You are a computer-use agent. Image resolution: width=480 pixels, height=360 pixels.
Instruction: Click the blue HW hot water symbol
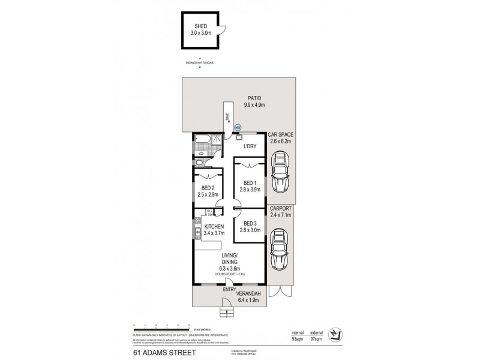tap(238, 127)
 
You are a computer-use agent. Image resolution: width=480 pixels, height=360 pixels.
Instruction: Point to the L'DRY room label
tap(250, 146)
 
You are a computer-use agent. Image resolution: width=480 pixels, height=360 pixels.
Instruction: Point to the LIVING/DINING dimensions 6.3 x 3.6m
tap(227, 268)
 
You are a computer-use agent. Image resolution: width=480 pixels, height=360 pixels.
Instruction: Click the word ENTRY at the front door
tap(228, 290)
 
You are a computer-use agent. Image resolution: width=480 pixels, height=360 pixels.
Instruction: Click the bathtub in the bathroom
tap(202, 141)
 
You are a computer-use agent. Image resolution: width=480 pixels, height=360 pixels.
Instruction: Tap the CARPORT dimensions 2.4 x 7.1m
tap(280, 214)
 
